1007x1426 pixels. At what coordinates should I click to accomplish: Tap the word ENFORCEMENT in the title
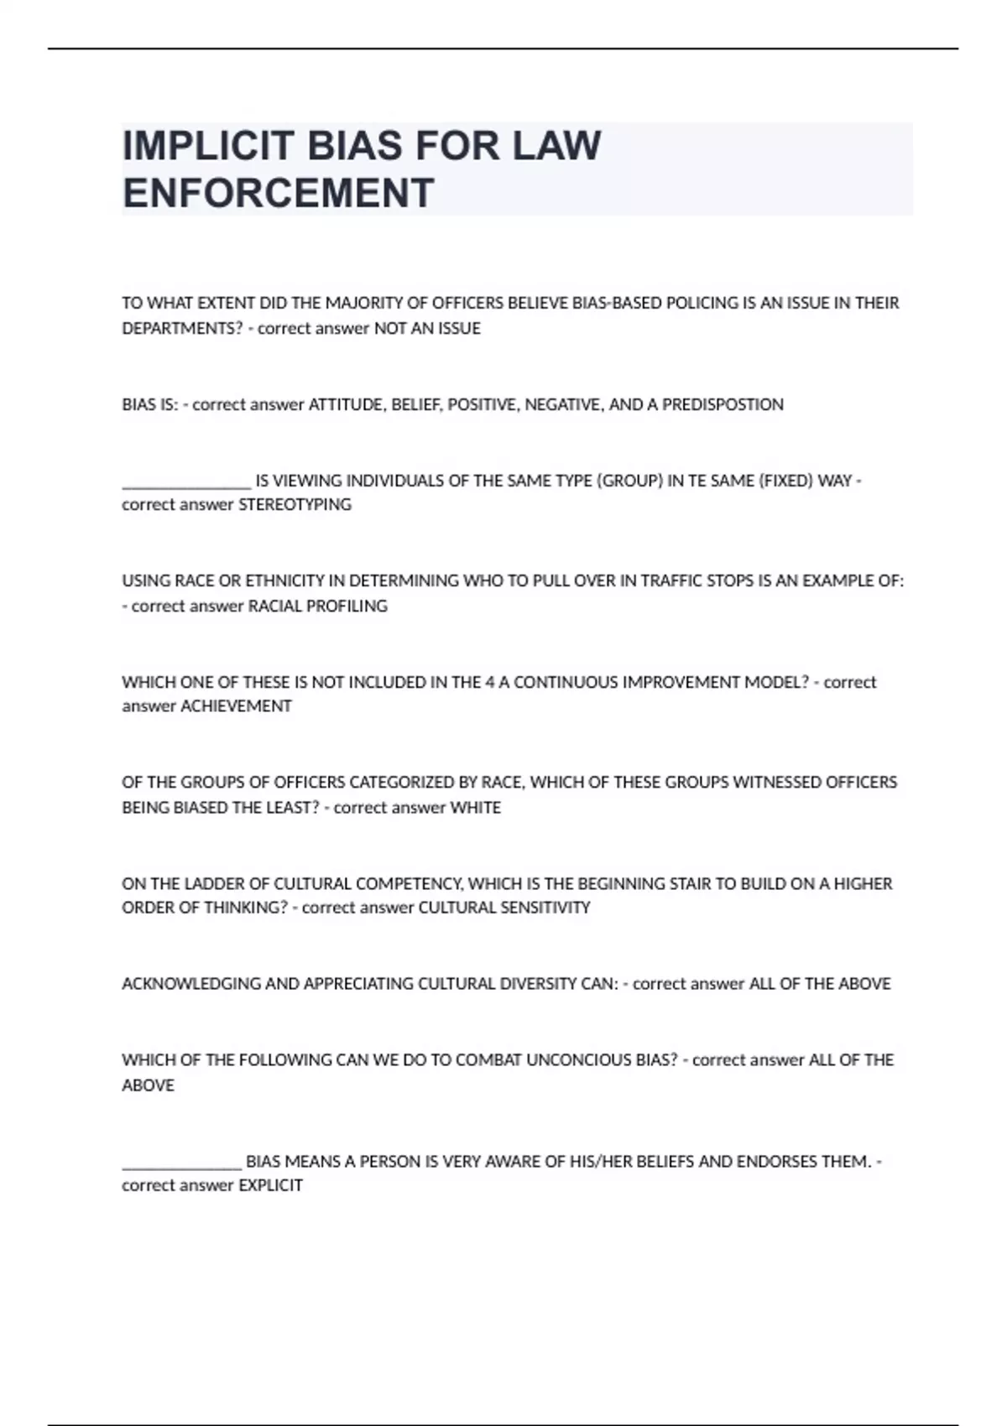tap(278, 193)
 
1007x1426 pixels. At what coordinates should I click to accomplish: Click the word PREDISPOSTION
tap(723, 405)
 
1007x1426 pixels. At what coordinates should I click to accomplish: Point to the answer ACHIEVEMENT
tap(236, 706)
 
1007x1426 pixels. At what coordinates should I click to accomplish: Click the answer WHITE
tap(475, 808)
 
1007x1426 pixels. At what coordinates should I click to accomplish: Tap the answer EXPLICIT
tap(270, 1186)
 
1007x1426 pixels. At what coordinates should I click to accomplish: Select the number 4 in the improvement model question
tap(489, 683)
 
